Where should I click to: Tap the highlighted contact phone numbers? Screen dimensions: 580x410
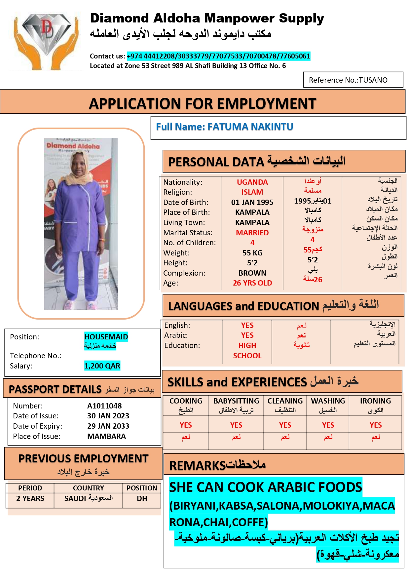pyautogui.click(x=218, y=56)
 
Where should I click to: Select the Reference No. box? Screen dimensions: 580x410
pyautogui.click(x=353, y=80)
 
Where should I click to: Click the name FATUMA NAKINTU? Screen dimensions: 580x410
pyautogui.click(x=250, y=127)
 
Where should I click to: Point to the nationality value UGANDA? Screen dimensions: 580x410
pyautogui.click(x=252, y=182)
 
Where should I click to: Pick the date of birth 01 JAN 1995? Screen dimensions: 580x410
pyautogui.click(x=252, y=202)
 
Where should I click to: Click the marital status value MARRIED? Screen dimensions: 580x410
pyautogui.click(x=252, y=233)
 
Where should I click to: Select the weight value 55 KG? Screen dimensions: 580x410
pyautogui.click(x=252, y=253)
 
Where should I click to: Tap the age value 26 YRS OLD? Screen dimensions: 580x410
pyautogui.click(x=252, y=283)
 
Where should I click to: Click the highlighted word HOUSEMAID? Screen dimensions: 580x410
pyautogui.click(x=106, y=337)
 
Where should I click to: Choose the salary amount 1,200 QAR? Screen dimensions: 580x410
pyautogui.click(x=102, y=366)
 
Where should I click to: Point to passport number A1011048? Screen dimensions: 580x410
pyautogui.click(x=104, y=406)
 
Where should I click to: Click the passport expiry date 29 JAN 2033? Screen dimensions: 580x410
pyautogui.click(x=108, y=426)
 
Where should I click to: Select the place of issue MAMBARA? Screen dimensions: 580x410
pyautogui.click(x=106, y=436)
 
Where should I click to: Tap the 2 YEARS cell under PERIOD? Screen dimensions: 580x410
pyautogui.click(x=30, y=498)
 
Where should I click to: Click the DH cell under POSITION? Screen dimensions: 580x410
pyautogui.click(x=142, y=498)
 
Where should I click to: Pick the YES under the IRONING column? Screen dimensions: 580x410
pyautogui.click(x=375, y=425)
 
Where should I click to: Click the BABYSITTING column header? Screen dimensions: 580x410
pyautogui.click(x=236, y=401)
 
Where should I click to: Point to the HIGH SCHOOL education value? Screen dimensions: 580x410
pyautogui.click(x=247, y=350)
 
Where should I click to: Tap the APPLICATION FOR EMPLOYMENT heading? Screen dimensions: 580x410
pyautogui.click(x=203, y=104)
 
